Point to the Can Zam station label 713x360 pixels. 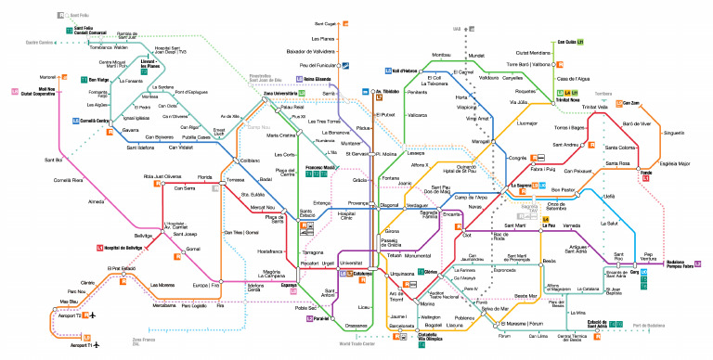pyautogui.click(x=631, y=103)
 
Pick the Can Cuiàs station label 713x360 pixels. pyautogui.click(x=568, y=42)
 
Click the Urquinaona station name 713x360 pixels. pyautogui.click(x=402, y=274)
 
